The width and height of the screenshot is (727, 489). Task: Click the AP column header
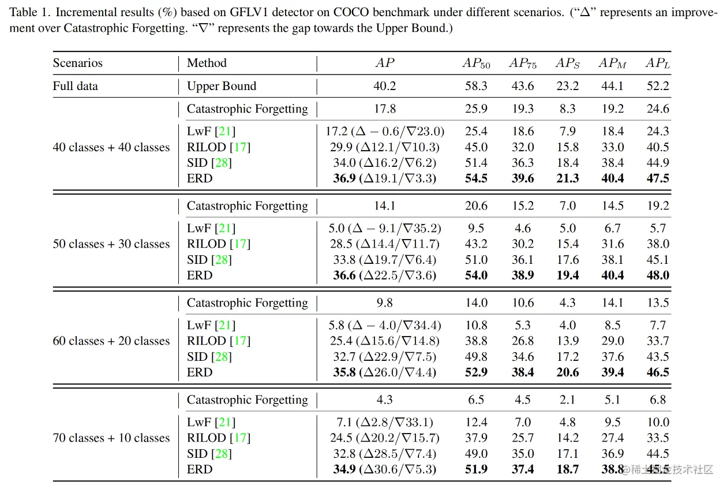coord(385,63)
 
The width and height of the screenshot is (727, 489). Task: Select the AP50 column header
coord(475,64)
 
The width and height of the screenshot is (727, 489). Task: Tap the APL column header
coord(658,64)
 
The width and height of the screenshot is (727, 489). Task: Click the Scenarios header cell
coord(77,63)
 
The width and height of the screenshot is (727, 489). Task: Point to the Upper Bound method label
coord(221,86)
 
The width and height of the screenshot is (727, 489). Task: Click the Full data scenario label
coord(75,86)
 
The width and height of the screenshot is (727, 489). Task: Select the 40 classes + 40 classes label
coord(111,147)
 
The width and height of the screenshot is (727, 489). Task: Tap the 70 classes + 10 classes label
coord(111,438)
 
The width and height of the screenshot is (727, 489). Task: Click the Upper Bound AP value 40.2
coord(385,86)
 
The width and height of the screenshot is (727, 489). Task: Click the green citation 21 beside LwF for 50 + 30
coord(226,229)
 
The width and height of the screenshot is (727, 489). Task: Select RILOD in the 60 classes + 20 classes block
coord(206,341)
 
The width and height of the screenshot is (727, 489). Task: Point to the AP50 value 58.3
coord(476,86)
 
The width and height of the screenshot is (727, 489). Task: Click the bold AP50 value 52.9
coord(476,372)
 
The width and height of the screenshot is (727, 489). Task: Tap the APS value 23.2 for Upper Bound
coord(567,86)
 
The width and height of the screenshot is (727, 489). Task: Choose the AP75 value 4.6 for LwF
coord(523,229)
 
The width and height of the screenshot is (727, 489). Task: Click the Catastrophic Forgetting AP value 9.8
coord(385,303)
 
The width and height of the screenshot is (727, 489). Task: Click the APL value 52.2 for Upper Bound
coord(658,86)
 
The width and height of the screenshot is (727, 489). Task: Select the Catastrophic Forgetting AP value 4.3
coord(385,400)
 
